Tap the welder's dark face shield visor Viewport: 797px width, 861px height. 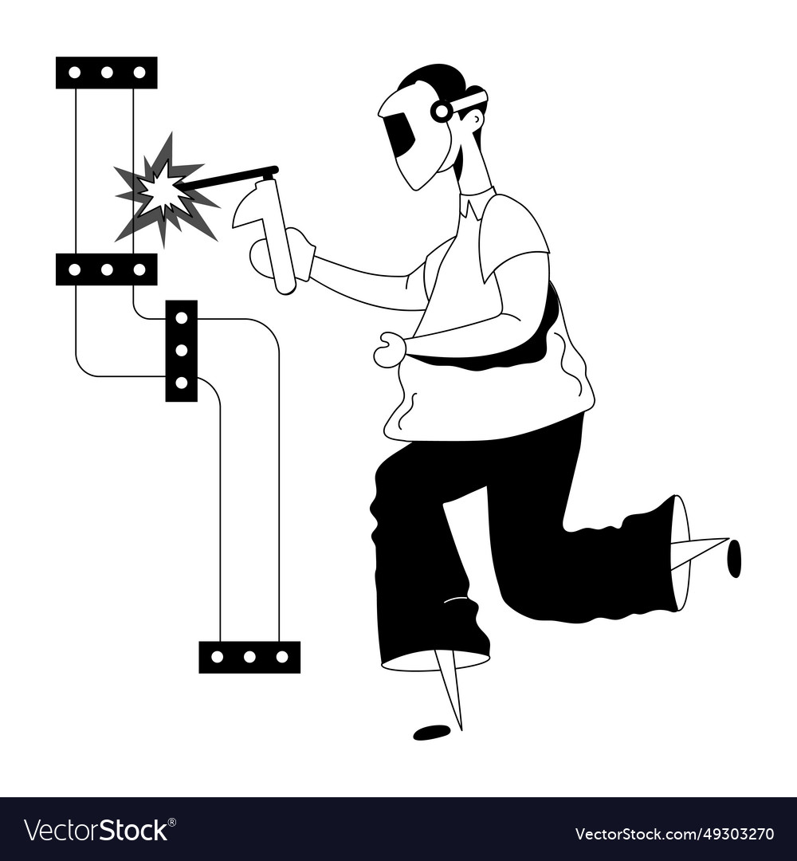[400, 134]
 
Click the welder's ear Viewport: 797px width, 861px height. [474, 120]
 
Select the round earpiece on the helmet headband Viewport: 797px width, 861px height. [441, 111]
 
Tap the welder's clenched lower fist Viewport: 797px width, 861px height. [390, 350]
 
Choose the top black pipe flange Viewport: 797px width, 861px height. [107, 73]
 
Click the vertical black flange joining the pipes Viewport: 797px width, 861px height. [182, 351]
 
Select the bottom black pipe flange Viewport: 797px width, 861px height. [249, 657]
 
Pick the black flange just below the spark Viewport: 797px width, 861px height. [107, 269]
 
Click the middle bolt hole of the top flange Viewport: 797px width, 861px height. [107, 73]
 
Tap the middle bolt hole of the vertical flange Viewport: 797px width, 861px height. [182, 350]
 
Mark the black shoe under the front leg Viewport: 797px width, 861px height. [431, 732]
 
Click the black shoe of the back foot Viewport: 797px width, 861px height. [734, 558]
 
